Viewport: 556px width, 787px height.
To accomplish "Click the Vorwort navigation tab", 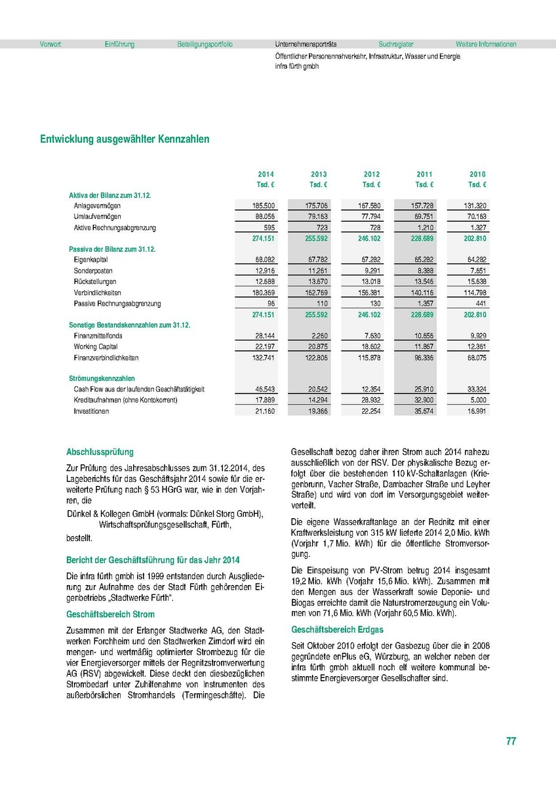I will click(50, 45).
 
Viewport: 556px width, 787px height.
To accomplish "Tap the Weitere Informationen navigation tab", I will click(486, 45).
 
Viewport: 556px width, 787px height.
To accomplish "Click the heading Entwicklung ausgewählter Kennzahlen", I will click(125, 139).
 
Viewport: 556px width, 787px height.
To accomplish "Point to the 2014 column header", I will click(266, 174).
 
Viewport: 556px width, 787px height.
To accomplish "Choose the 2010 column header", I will click(477, 174).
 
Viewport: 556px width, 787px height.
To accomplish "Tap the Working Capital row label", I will click(96, 347).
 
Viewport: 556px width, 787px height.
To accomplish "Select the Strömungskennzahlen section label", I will click(102, 378).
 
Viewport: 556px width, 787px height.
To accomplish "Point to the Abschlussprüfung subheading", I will click(100, 452).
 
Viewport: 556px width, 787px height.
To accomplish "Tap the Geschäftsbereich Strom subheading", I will click(110, 615).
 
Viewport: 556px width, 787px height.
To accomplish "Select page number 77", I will click(511, 741).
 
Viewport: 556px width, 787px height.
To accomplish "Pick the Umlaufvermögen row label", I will click(97, 216).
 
